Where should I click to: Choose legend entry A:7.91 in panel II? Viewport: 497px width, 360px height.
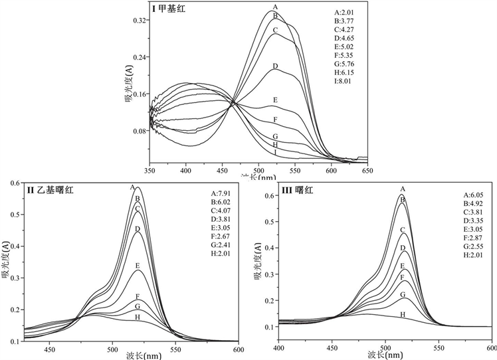coord(221,193)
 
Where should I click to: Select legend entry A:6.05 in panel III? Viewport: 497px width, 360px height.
coord(475,195)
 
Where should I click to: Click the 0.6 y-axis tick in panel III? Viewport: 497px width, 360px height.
coord(269,197)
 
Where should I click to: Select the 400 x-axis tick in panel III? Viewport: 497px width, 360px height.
coord(280,348)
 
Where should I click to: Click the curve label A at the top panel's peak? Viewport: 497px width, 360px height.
coord(274,7)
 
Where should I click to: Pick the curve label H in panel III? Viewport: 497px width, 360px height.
coord(402,314)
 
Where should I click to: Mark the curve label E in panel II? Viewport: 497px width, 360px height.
coord(138,266)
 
